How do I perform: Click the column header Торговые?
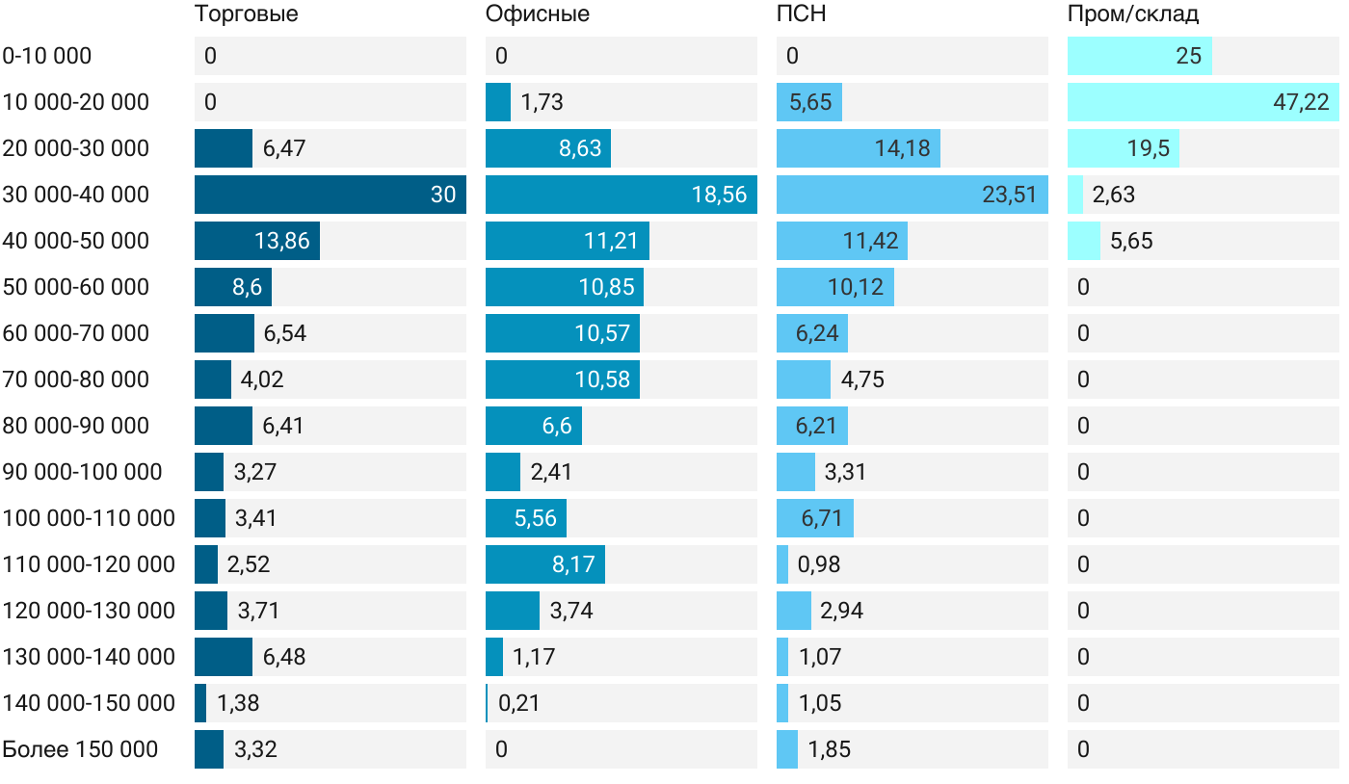pyautogui.click(x=246, y=14)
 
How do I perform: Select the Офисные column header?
pyautogui.click(x=538, y=14)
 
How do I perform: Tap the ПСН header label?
pyautogui.click(x=802, y=14)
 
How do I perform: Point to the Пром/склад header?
pyautogui.click(x=1133, y=14)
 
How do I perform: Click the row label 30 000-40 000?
pyautogui.click(x=76, y=195)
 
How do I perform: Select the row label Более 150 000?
pyautogui.click(x=80, y=749)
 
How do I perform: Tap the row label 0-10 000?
pyautogui.click(x=47, y=56)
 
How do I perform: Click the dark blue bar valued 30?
pyautogui.click(x=330, y=195)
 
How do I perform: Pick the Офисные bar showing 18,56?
pyautogui.click(x=621, y=195)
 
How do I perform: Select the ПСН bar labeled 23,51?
pyautogui.click(x=912, y=195)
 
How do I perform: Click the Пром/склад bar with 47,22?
pyautogui.click(x=1203, y=102)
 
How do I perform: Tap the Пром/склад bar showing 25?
pyautogui.click(x=1139, y=56)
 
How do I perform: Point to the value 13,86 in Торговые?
pyautogui.click(x=282, y=241)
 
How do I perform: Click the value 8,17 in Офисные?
pyautogui.click(x=573, y=564)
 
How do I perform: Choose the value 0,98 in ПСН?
pyautogui.click(x=819, y=564)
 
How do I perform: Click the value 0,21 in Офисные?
pyautogui.click(x=519, y=703)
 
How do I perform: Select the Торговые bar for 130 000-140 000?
pyautogui.click(x=224, y=657)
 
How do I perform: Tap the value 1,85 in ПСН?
pyautogui.click(x=830, y=749)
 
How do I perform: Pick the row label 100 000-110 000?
pyautogui.click(x=89, y=518)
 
